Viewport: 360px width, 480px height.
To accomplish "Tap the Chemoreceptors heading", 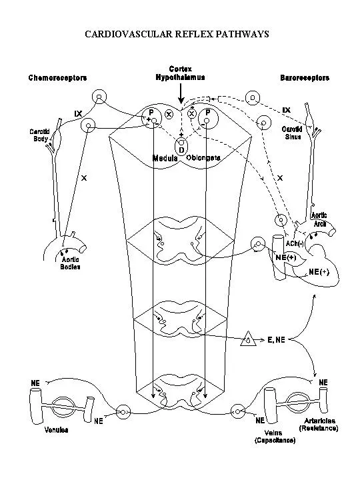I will pos(57,78).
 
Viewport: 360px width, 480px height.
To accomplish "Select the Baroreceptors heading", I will pos(305,78).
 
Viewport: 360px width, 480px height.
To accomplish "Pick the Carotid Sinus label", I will pos(291,133).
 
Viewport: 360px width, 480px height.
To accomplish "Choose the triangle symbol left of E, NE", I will pos(249,339).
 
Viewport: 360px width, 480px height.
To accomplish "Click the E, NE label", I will pos(276,339).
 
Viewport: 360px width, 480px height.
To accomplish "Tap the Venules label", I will pos(55,430).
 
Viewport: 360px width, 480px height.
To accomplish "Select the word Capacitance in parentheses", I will pos(275,441).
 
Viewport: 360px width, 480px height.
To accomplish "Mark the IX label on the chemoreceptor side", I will pos(78,113).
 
